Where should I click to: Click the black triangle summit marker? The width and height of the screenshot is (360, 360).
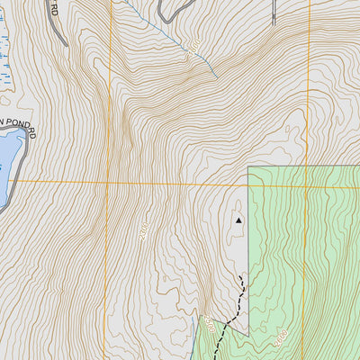(x=238, y=220)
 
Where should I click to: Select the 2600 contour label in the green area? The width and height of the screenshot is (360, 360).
(x=281, y=339)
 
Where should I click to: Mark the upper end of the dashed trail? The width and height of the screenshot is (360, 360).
(x=242, y=281)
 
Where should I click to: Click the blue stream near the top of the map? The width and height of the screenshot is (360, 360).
(x=171, y=36)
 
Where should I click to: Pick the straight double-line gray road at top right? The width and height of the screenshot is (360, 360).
(x=274, y=11)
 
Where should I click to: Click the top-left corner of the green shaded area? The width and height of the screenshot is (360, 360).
(x=248, y=167)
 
